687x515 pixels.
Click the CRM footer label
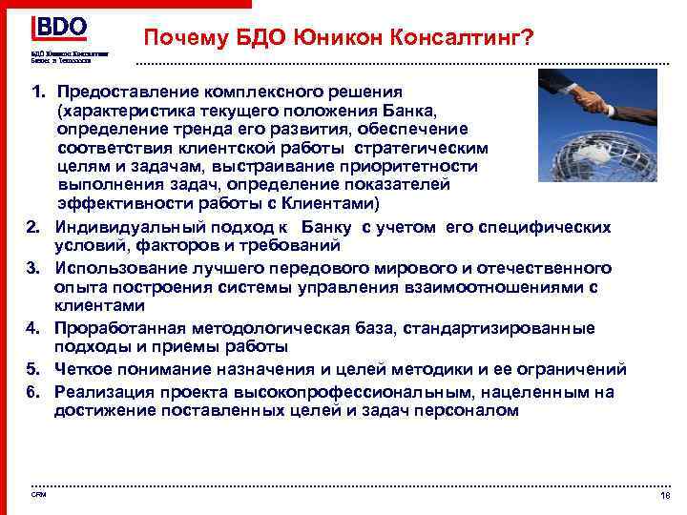[x=37, y=494]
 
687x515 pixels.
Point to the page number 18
[x=664, y=497]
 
